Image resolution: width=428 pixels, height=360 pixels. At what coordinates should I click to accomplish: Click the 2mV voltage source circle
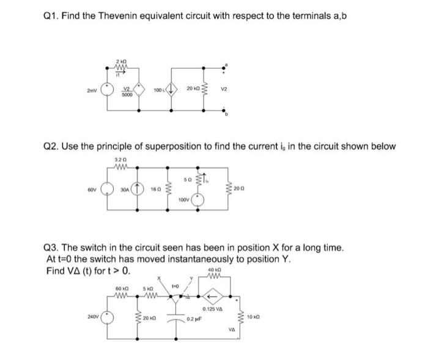click(109, 90)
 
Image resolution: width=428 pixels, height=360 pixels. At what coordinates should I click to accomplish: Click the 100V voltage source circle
click(199, 199)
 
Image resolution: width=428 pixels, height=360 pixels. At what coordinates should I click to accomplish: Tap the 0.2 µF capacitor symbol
click(183, 318)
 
